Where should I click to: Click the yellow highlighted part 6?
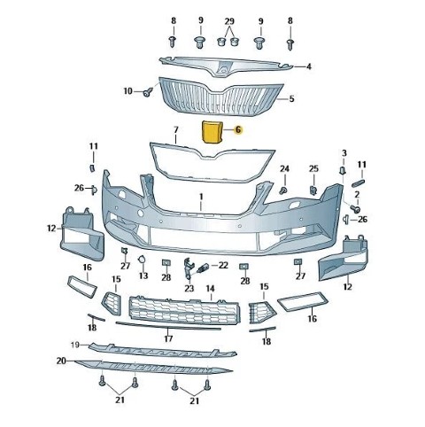pyautogui.click(x=212, y=132)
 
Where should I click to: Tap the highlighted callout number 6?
pyautogui.click(x=238, y=129)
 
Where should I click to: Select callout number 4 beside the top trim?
pyautogui.click(x=309, y=66)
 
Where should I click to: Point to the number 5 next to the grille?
pyautogui.click(x=291, y=98)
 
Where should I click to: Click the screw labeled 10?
pyautogui.click(x=147, y=92)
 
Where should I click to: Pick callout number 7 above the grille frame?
pyautogui.click(x=176, y=129)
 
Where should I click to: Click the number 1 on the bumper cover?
pyautogui.click(x=201, y=197)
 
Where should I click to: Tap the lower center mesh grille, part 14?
pyautogui.click(x=185, y=310)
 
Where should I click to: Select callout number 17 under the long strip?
pyautogui.click(x=168, y=338)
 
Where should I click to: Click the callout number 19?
pyautogui.click(x=75, y=345)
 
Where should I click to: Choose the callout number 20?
pyautogui.click(x=61, y=361)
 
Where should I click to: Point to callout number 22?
pyautogui.click(x=223, y=265)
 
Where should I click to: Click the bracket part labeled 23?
pyautogui.click(x=188, y=268)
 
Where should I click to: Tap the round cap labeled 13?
pyautogui.click(x=142, y=260)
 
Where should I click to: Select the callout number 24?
pyautogui.click(x=284, y=169)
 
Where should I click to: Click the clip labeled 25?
pyautogui.click(x=313, y=190)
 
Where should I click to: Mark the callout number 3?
pyautogui.click(x=344, y=153)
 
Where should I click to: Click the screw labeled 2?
pyautogui.click(x=355, y=209)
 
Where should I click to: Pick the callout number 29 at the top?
pyautogui.click(x=229, y=21)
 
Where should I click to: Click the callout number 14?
pyautogui.click(x=211, y=289)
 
